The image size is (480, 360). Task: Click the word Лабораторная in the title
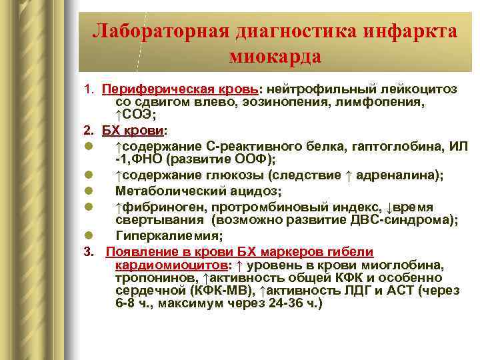pos(158,31)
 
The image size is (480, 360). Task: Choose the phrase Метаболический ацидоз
pos(199,191)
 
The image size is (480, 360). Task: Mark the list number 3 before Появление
pos(88,251)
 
